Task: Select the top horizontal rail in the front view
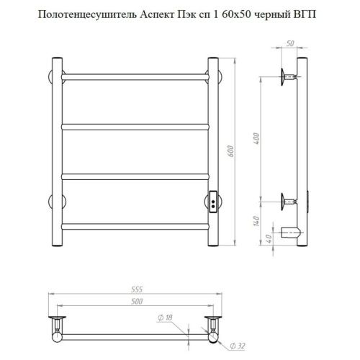click(x=135, y=73)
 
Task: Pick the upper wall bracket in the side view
click(x=288, y=74)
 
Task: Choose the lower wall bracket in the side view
click(x=288, y=202)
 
